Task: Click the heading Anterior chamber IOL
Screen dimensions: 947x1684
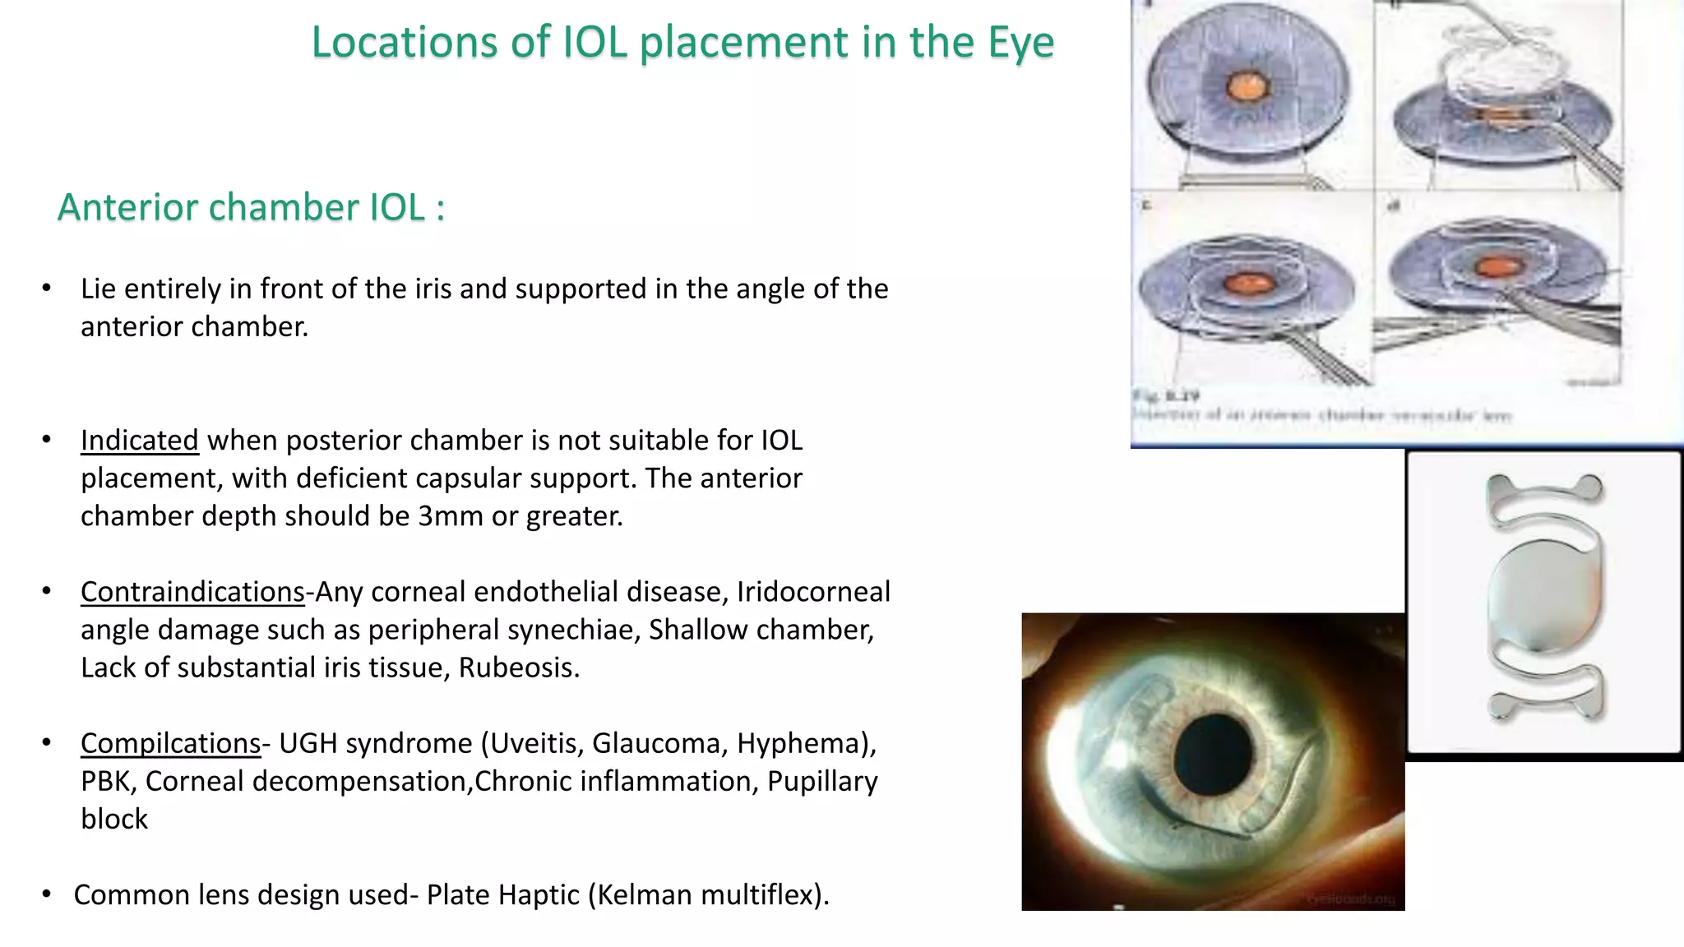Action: pyautogui.click(x=251, y=207)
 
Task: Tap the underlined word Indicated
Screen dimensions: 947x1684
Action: pyautogui.click(x=139, y=441)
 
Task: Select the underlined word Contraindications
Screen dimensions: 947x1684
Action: pyautogui.click(x=192, y=592)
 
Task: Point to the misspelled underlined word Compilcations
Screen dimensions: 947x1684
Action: pyautogui.click(x=170, y=743)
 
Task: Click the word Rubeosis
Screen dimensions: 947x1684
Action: pyautogui.click(x=519, y=668)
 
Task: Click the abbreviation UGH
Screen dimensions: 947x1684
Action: pyautogui.click(x=308, y=743)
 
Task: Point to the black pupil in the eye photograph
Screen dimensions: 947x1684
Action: pyautogui.click(x=1212, y=753)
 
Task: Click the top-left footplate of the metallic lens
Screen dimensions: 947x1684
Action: pyautogui.click(x=1501, y=487)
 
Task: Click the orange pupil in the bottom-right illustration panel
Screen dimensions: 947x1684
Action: pyautogui.click(x=1492, y=267)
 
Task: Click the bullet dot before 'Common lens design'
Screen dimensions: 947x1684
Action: pyautogui.click(x=47, y=894)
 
